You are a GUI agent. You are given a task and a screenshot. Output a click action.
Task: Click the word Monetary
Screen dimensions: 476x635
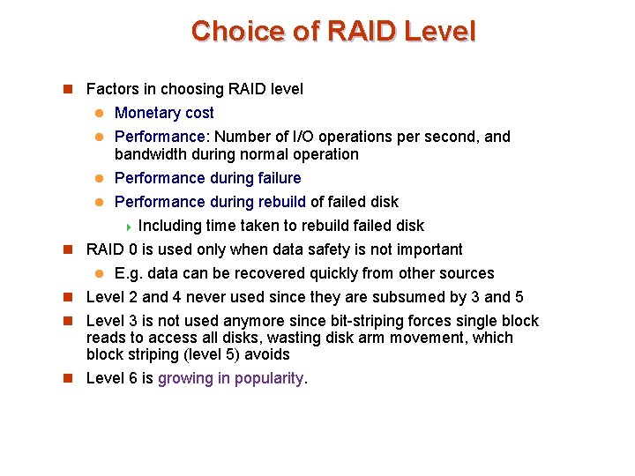click(146, 113)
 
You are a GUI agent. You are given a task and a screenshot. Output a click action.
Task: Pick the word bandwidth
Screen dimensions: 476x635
click(149, 154)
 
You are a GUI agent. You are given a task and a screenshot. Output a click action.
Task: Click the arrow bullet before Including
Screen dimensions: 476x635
click(129, 227)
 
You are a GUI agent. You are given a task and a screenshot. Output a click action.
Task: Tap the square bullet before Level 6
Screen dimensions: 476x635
click(67, 379)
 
